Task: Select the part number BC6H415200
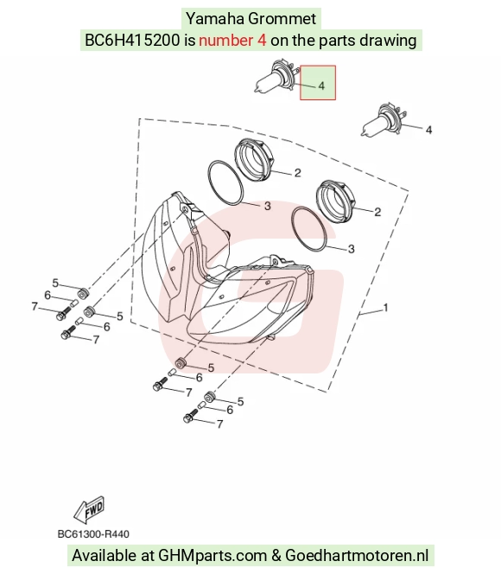[x=132, y=41]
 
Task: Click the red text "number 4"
[x=232, y=41]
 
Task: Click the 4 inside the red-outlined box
[x=321, y=86]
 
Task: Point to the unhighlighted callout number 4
[x=429, y=130]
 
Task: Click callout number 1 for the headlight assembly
[x=385, y=308]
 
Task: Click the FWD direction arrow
[x=89, y=509]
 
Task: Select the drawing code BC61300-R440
[x=93, y=534]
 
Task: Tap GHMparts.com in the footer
[x=212, y=555]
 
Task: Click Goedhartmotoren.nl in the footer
[x=357, y=555]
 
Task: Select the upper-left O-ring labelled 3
[x=225, y=182]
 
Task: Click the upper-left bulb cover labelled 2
[x=254, y=156]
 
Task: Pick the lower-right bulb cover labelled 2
[x=336, y=201]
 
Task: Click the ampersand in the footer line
[x=276, y=555]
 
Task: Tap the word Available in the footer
[x=104, y=555]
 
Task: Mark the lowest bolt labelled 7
[x=191, y=416]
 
